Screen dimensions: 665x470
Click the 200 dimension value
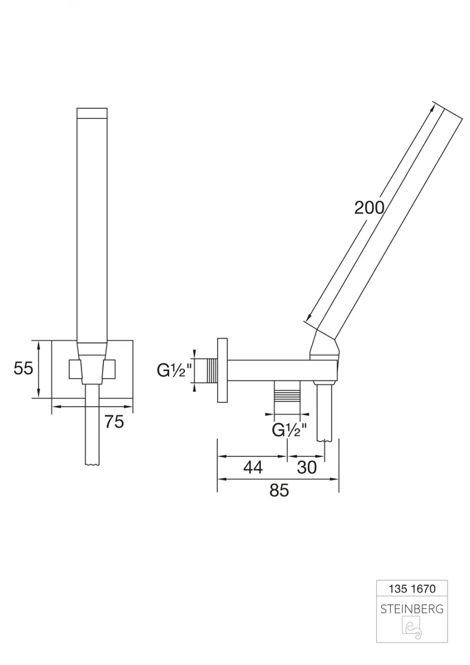pos(369,208)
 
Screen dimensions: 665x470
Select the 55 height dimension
pos(23,369)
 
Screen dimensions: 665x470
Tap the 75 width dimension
pos(114,422)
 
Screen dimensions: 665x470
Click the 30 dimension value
pos(307,467)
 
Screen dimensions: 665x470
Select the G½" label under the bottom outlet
pos(289,430)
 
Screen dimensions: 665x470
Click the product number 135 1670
pos(411,589)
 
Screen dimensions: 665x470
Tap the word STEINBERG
pos(411,609)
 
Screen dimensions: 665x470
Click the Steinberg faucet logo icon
pos(411,629)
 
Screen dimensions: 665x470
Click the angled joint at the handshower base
pos(325,345)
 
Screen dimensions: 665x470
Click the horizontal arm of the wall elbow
pos(270,369)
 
